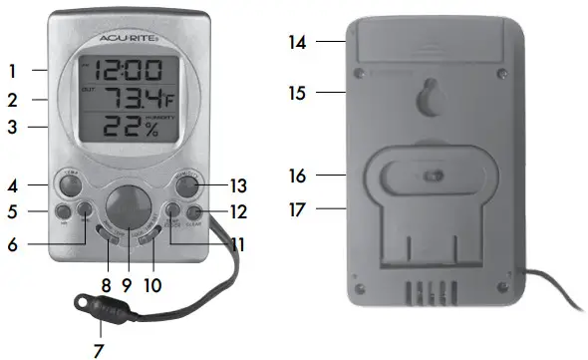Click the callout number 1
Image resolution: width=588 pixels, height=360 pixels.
pos(12,72)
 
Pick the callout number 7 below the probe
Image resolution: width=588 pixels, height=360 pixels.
pos(98,350)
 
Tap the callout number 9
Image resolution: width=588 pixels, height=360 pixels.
pos(127,283)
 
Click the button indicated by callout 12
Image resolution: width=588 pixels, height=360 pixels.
pos(190,211)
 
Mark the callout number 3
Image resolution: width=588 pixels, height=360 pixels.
pos(12,128)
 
